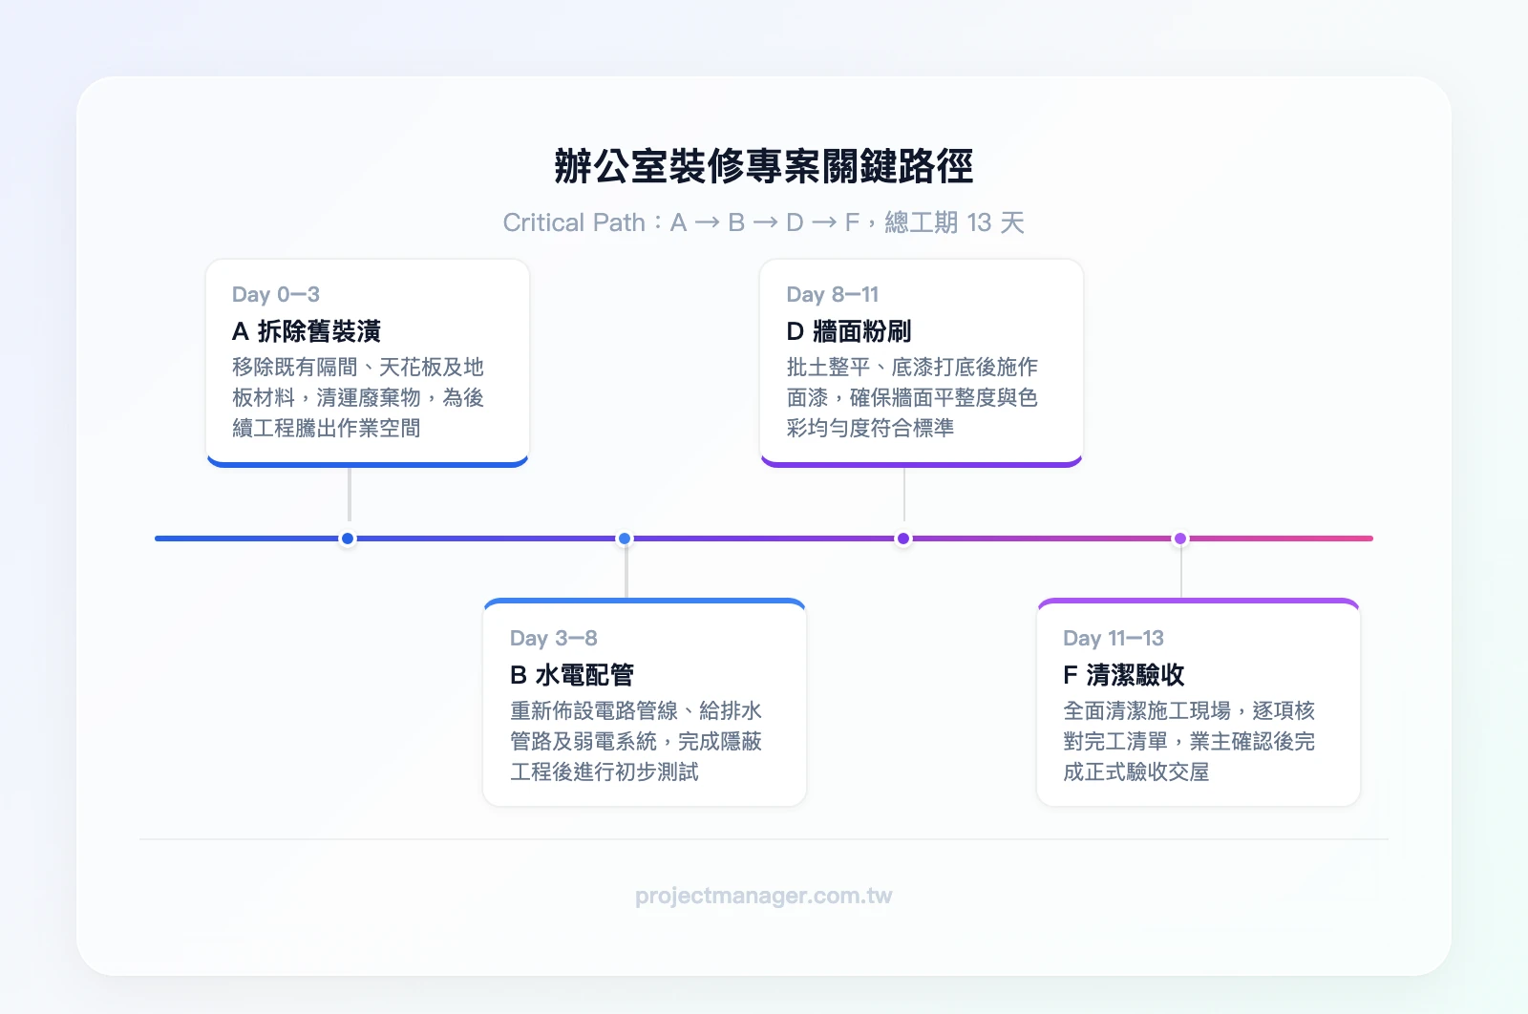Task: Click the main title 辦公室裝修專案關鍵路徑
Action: tap(763, 166)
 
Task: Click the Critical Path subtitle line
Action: tap(763, 222)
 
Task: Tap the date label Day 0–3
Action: tap(275, 294)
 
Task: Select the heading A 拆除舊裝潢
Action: tap(306, 331)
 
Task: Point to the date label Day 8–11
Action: tap(832, 294)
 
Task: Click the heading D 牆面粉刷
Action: tap(848, 331)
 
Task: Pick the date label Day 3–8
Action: tap(553, 638)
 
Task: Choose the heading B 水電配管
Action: tap(571, 675)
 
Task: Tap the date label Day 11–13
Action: tap(1113, 638)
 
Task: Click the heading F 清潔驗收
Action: tap(1123, 675)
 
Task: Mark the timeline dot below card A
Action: tap(348, 539)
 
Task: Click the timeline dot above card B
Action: tap(625, 539)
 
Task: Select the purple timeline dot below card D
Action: tap(903, 539)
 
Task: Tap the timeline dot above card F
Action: tap(1180, 539)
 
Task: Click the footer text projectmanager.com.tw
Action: tap(763, 896)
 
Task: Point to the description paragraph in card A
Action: tap(358, 397)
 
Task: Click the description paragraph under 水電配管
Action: tap(635, 741)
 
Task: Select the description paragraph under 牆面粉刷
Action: tap(912, 397)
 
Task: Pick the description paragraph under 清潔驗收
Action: tap(1189, 741)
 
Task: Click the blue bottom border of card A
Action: tap(368, 464)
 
